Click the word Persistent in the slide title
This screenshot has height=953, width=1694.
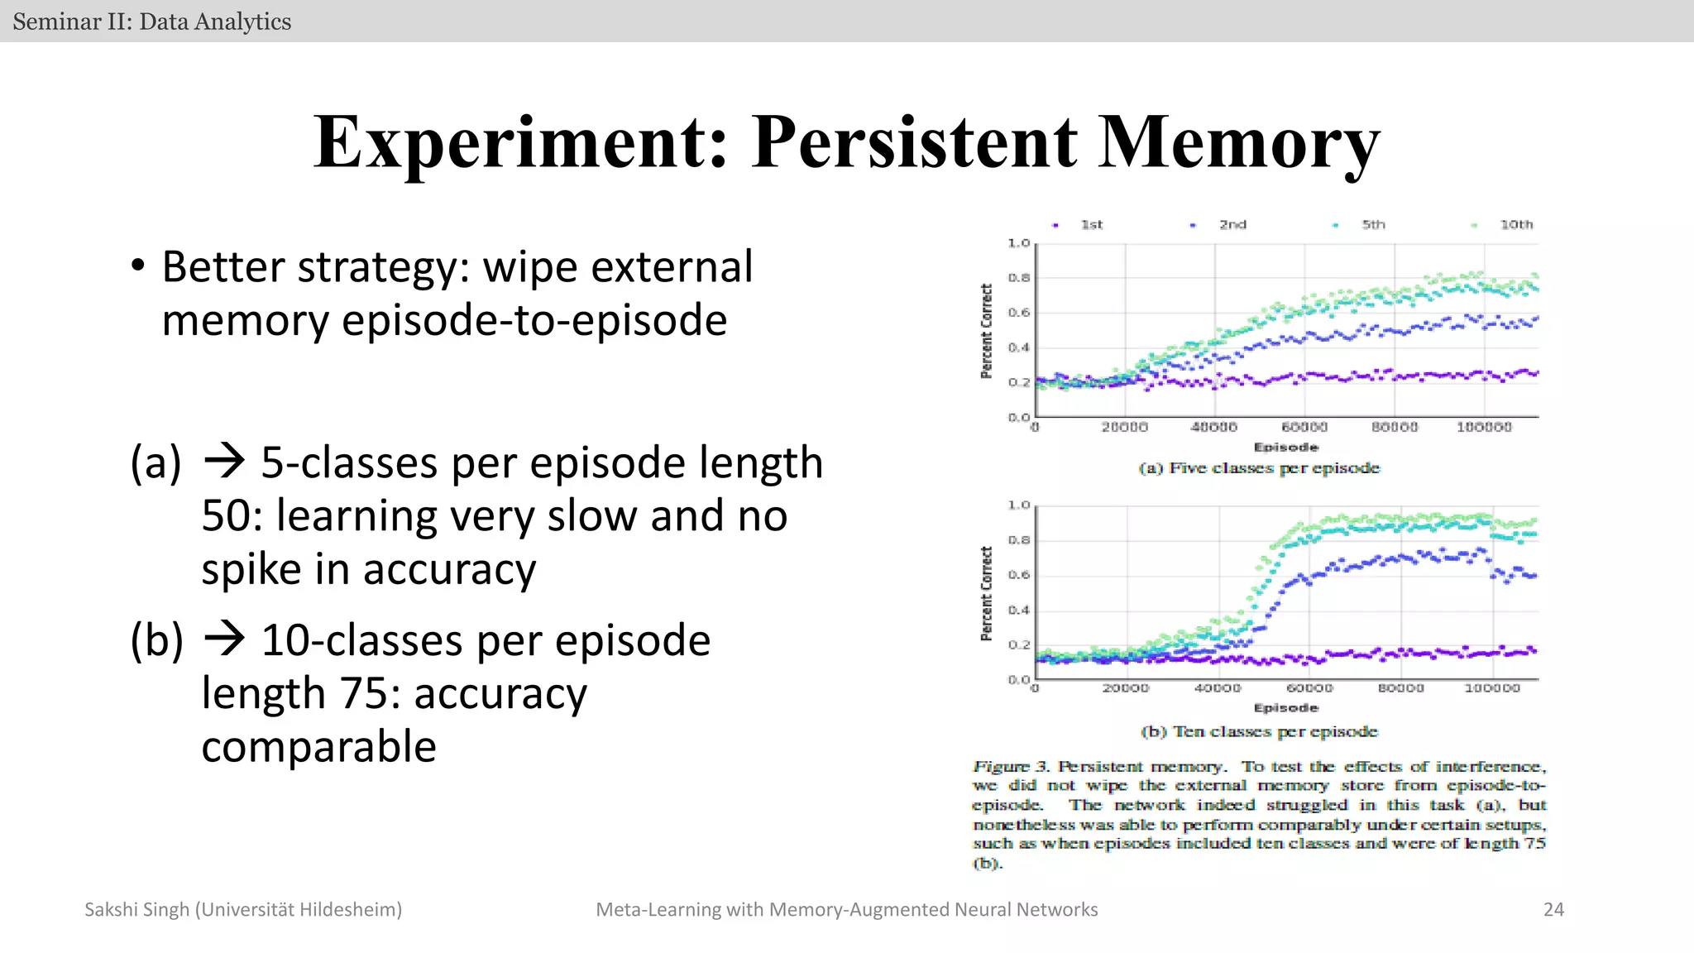tap(914, 142)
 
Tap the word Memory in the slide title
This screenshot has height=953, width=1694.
tap(1238, 142)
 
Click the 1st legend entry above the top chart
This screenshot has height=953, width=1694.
tap(1091, 224)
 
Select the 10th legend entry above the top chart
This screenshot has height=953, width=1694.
tap(1516, 224)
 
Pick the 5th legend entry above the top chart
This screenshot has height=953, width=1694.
tap(1373, 224)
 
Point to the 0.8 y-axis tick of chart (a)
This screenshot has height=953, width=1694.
tap(1019, 278)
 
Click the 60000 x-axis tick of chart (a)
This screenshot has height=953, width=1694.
tap(1304, 427)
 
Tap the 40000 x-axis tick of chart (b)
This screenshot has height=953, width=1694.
tap(1218, 688)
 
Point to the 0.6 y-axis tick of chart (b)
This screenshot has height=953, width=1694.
tap(1019, 575)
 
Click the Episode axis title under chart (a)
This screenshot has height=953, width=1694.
tap(1286, 447)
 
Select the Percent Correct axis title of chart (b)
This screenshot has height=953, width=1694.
tap(986, 593)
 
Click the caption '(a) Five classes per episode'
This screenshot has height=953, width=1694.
tap(1259, 468)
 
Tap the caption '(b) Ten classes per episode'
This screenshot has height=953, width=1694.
tap(1259, 731)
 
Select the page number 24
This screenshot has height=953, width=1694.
tap(1553, 910)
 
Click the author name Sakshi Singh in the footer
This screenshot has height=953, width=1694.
tap(137, 910)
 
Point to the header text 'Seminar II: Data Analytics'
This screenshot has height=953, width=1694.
tap(152, 22)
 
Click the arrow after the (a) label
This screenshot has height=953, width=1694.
tap(224, 461)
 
